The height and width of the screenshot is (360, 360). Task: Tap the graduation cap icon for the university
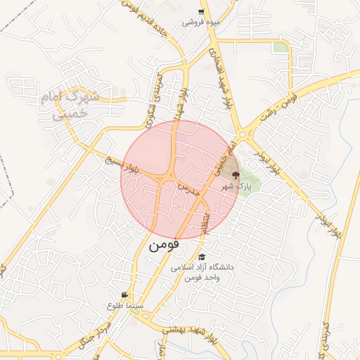pos(202,257)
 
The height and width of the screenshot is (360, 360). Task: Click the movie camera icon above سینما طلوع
pos(124,295)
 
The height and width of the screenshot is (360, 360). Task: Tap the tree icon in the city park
pos(235,175)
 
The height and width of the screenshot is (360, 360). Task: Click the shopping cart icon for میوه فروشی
pos(201,12)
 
